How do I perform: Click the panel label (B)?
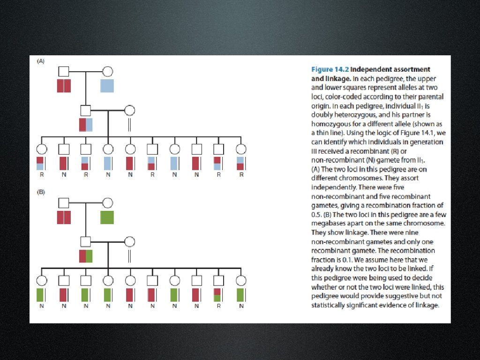click(41, 192)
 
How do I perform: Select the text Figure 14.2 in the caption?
click(327, 69)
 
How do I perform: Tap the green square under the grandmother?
click(107, 217)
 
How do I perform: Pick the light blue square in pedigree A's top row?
click(107, 86)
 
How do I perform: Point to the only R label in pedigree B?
click(218, 306)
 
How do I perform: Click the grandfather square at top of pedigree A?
click(64, 72)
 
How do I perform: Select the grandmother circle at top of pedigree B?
click(107, 202)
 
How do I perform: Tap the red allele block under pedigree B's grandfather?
click(64, 217)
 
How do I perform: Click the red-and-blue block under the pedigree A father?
click(86, 125)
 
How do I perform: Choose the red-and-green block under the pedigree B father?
click(86, 256)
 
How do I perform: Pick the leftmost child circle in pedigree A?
click(41, 149)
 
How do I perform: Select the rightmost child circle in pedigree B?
click(241, 280)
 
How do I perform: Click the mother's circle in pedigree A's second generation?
click(129, 111)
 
